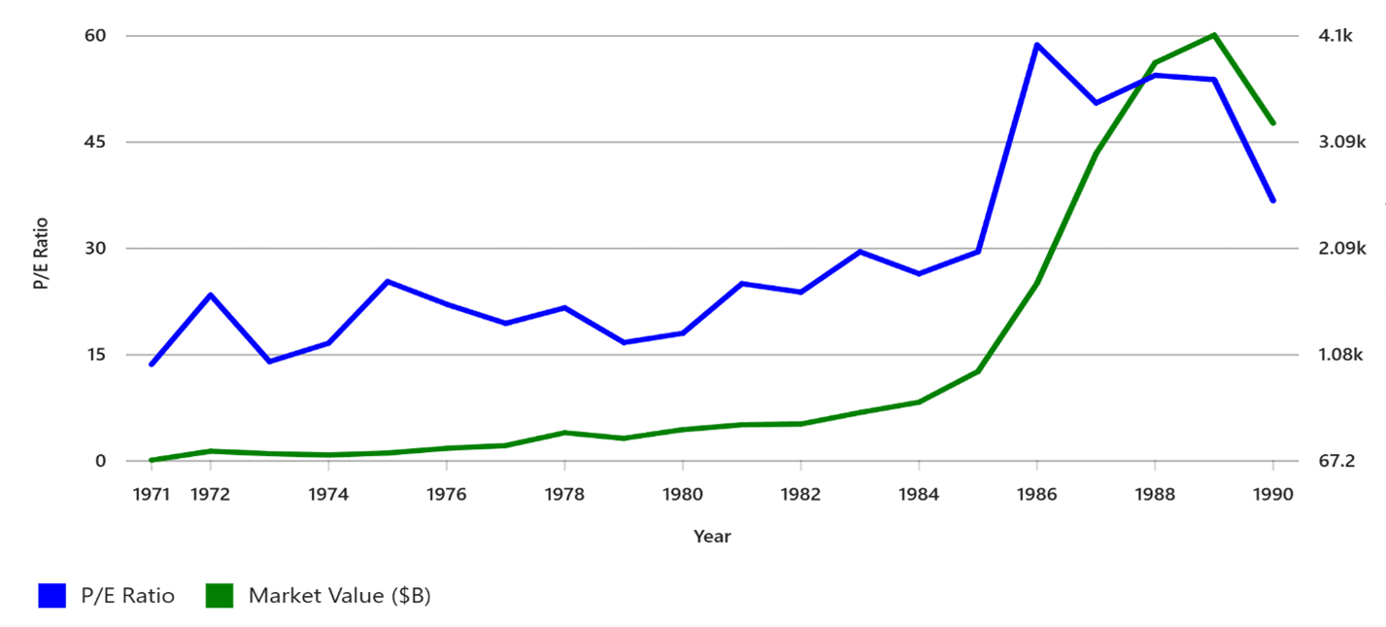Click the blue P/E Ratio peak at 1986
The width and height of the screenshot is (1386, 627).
tap(1036, 45)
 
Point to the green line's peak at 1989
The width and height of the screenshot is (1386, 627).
tap(1213, 35)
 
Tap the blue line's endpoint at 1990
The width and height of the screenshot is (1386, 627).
tap(1272, 200)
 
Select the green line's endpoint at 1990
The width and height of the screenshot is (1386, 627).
tap(1272, 123)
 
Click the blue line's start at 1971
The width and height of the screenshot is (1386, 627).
tap(152, 365)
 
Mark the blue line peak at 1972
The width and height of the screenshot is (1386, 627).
tap(211, 295)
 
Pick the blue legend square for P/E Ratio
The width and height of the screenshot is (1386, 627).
tap(51, 595)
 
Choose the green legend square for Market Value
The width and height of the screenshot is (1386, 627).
tap(220, 595)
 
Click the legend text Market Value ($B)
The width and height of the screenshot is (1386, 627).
tap(339, 596)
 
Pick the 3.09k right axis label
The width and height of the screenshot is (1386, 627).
tap(1339, 142)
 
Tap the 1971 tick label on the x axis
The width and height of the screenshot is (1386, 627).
tap(152, 494)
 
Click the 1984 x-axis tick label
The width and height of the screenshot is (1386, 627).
tap(918, 494)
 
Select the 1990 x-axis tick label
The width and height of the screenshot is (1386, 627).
tap(1272, 494)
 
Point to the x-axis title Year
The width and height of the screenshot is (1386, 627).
tap(712, 536)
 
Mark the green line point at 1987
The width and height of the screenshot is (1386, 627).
tap(1096, 153)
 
